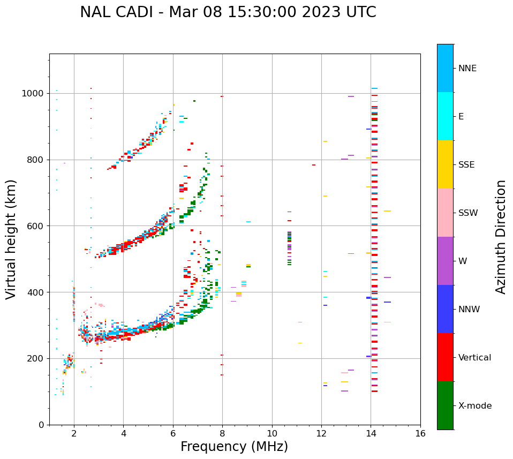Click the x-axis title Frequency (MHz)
click(234, 447)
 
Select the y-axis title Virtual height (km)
click(11, 239)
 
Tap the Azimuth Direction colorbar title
click(501, 237)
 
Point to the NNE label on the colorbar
click(467, 69)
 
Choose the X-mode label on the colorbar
click(475, 406)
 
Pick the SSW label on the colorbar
click(468, 213)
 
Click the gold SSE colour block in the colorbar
click(445, 164)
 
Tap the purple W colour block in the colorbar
click(445, 261)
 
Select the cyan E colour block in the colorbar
click(445, 116)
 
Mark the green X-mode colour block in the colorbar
click(445, 405)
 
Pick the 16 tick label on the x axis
click(420, 433)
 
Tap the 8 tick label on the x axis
click(222, 433)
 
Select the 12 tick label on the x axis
click(321, 433)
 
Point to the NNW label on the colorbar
click(469, 310)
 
